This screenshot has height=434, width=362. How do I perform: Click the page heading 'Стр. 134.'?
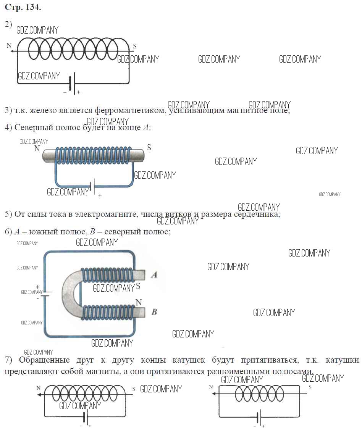click(x=23, y=8)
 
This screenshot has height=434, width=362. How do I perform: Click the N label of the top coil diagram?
click(x=9, y=45)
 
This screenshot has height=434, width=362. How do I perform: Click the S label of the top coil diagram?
click(x=134, y=47)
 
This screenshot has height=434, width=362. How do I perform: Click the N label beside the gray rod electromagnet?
click(x=37, y=148)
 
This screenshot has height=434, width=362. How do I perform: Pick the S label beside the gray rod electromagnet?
click(x=149, y=147)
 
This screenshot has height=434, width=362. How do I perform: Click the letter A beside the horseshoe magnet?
click(x=154, y=274)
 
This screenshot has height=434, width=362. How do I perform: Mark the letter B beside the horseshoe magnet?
click(x=154, y=312)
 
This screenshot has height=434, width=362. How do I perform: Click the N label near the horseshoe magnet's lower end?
click(x=139, y=302)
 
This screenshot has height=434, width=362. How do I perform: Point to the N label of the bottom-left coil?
click(x=39, y=388)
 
